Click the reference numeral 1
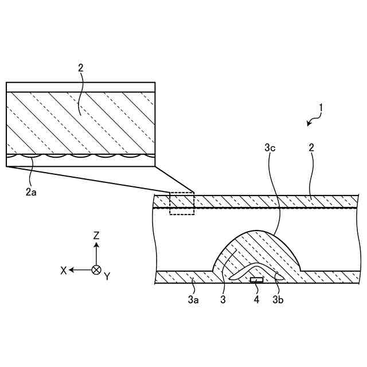coord(322,107)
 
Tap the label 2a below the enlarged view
coord(31,192)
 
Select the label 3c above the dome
coord(271,148)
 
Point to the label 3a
coord(193,299)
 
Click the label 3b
coord(278,299)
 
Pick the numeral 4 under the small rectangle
coord(256,299)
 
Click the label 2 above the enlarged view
coord(80,68)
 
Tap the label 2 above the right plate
coord(311,147)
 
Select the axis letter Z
coord(96,235)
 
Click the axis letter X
coord(64,270)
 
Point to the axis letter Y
coord(107,276)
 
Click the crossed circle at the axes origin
coord(96,270)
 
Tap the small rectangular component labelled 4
coord(257,280)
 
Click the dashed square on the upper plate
coord(182,204)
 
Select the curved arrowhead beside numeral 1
coord(310,122)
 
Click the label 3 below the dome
coord(222,299)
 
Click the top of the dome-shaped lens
coord(257,230)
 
